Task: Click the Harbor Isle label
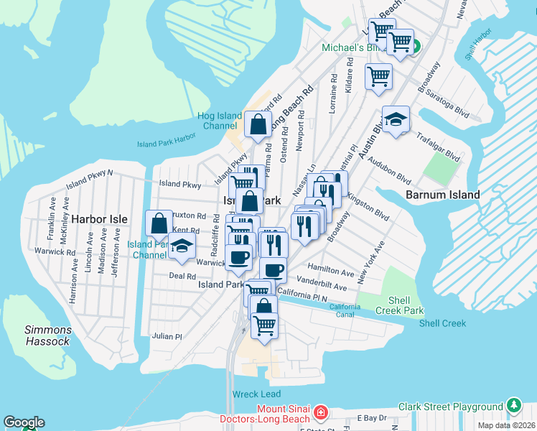(x=99, y=219)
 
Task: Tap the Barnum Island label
(x=437, y=195)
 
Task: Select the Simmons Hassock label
(x=48, y=335)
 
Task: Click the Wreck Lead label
(x=256, y=394)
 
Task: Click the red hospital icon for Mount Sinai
(x=321, y=414)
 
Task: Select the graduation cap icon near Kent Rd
(x=182, y=246)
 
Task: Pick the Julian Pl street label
(x=167, y=336)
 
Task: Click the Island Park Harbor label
(x=167, y=144)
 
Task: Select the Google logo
(x=24, y=422)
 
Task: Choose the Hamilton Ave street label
(x=332, y=273)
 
